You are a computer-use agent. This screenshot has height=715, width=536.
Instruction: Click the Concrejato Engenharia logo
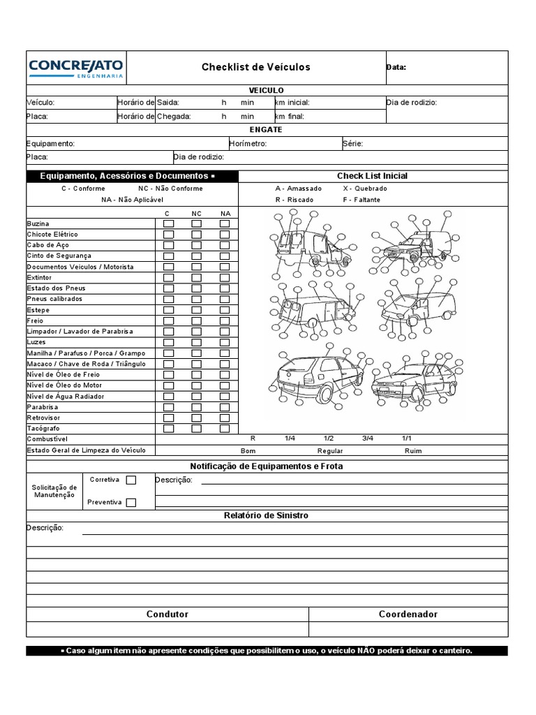click(75, 68)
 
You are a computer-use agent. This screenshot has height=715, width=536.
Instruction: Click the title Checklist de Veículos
click(255, 67)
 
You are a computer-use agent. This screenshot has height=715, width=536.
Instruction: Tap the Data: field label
click(396, 68)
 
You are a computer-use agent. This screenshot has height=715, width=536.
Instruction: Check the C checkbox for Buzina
click(168, 223)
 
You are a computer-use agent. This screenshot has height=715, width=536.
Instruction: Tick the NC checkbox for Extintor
click(196, 277)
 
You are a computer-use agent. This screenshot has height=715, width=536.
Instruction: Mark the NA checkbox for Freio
click(225, 320)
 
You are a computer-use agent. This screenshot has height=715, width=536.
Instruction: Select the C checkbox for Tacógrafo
click(168, 428)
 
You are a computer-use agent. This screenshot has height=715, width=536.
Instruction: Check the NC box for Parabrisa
click(196, 406)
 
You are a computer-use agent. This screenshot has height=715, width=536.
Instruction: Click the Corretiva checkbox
click(131, 480)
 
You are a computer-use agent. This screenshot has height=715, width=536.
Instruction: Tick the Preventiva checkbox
click(131, 502)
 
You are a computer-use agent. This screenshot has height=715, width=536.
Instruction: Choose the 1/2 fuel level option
click(329, 438)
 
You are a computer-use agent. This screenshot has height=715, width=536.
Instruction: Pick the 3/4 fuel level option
click(368, 438)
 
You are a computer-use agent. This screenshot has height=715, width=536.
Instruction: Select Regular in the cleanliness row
click(330, 451)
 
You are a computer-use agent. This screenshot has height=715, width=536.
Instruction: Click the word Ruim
click(413, 451)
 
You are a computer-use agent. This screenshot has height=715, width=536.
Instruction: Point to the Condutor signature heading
click(167, 614)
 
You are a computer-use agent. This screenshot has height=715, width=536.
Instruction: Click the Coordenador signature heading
click(408, 614)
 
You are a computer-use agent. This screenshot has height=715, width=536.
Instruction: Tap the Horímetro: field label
click(248, 144)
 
